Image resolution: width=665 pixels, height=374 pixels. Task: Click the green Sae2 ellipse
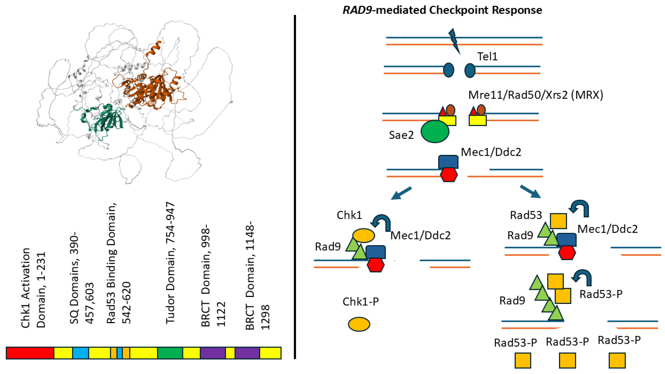point(435,131)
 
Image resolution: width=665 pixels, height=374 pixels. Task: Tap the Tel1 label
point(487,57)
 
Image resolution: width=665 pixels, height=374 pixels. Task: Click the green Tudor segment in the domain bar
point(170,353)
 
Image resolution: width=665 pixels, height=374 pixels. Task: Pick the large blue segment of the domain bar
point(80,353)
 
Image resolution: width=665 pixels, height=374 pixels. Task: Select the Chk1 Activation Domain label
point(33,288)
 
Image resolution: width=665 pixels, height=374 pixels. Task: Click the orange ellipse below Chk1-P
point(359,324)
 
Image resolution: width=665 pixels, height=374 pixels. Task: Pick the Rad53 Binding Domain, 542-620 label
point(119,263)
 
